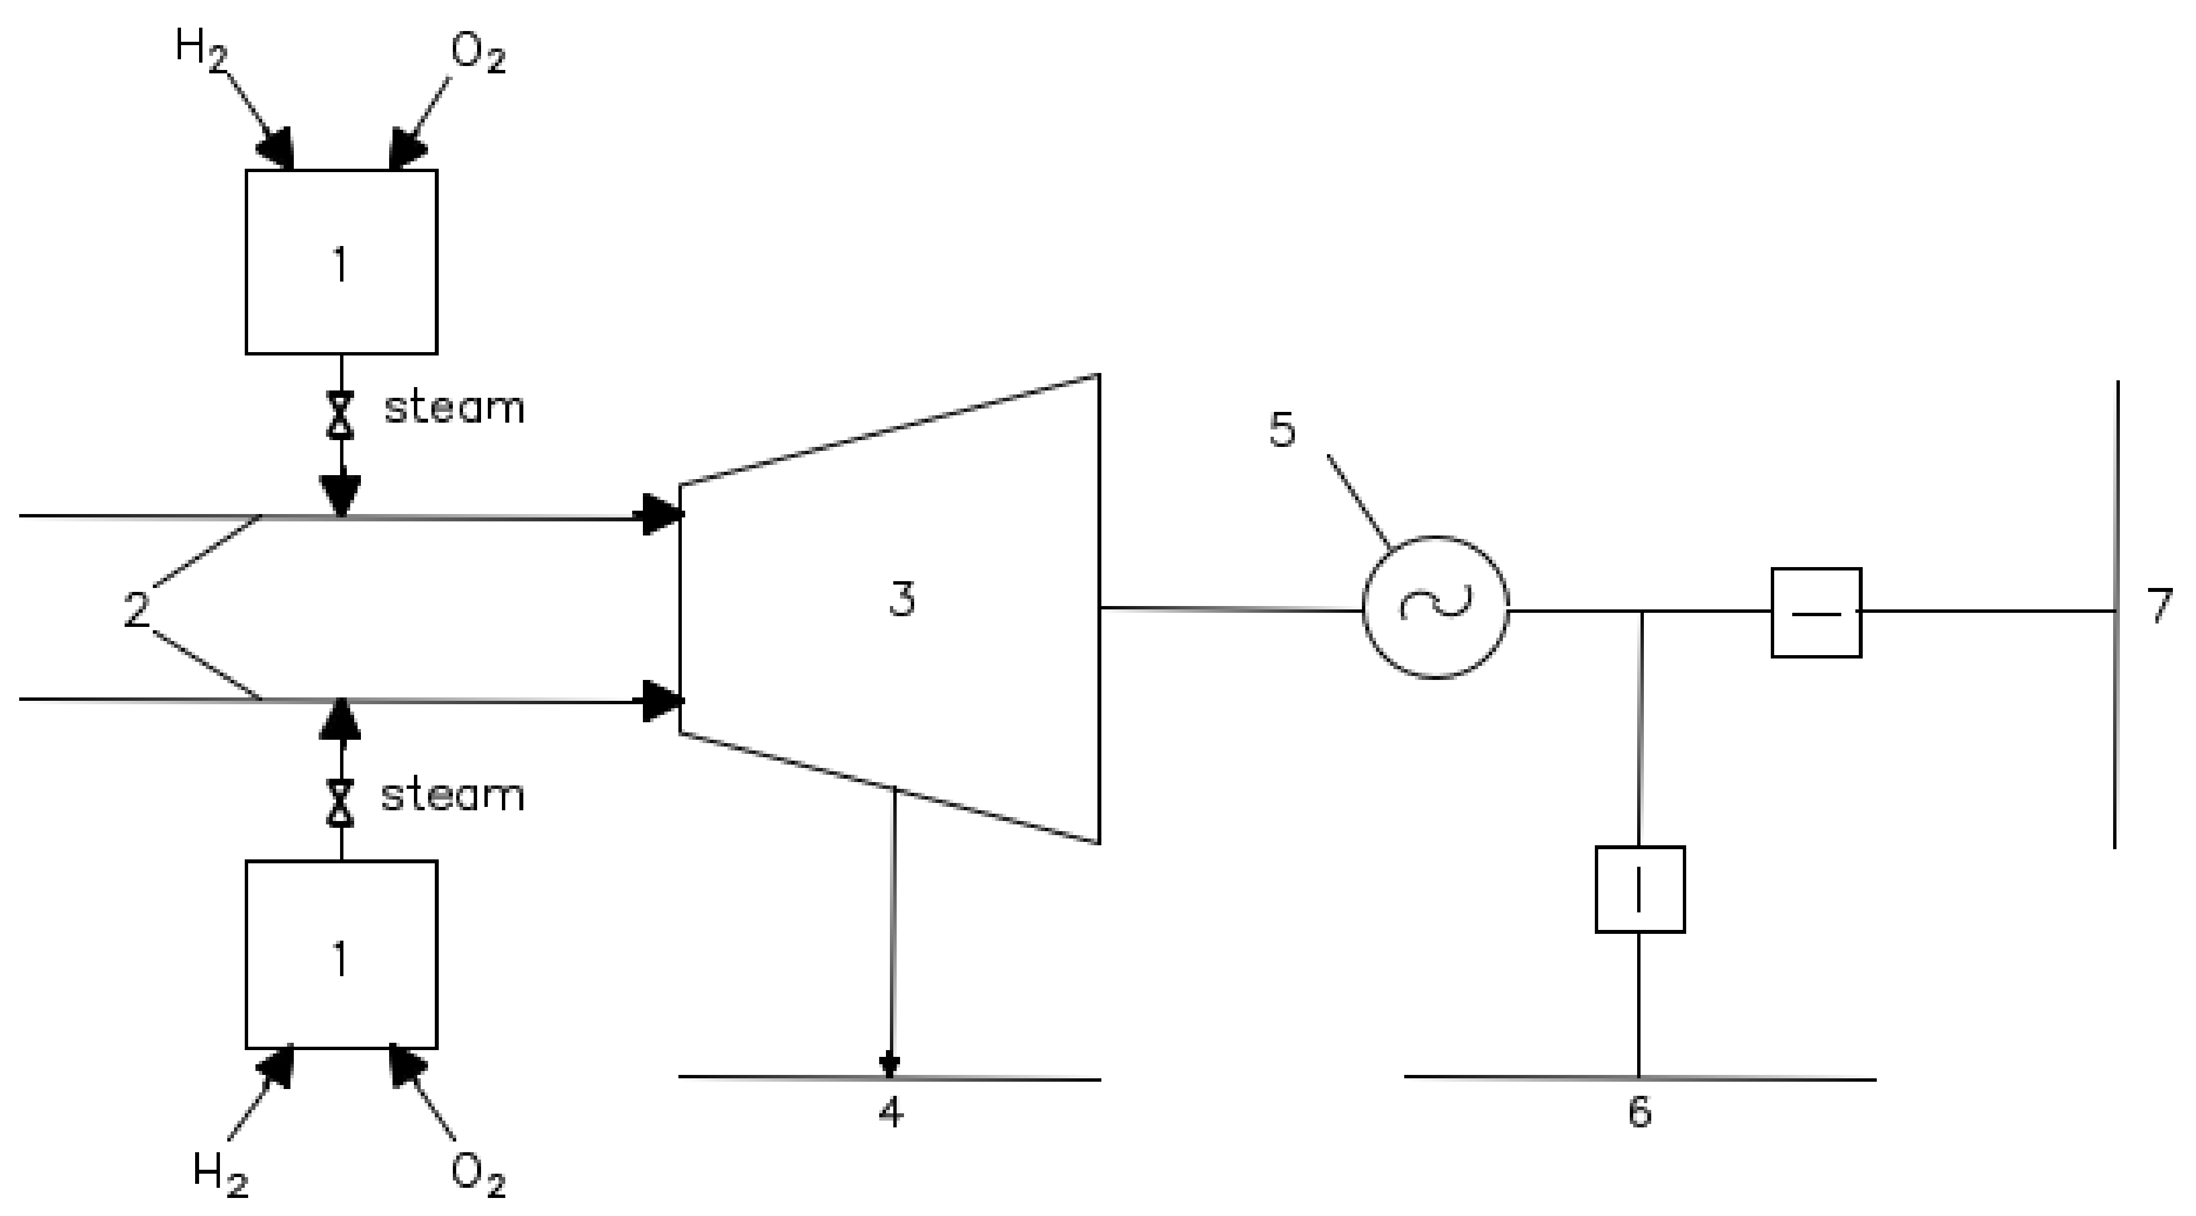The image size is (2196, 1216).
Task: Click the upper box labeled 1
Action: [x=341, y=262]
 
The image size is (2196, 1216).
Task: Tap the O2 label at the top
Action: [x=478, y=55]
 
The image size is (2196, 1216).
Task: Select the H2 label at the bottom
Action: [x=219, y=1173]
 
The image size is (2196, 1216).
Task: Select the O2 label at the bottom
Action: [x=478, y=1175]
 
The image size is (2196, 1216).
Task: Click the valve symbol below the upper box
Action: [x=342, y=415]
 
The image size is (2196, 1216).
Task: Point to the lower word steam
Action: [x=452, y=796]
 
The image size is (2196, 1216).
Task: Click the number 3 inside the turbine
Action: [x=902, y=599]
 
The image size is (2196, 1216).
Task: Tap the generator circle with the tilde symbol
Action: [x=1436, y=607]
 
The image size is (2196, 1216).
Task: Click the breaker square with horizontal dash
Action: [x=1816, y=612]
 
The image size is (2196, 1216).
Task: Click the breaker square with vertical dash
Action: [x=1639, y=889]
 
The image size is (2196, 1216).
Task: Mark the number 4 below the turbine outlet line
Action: [x=891, y=1113]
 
